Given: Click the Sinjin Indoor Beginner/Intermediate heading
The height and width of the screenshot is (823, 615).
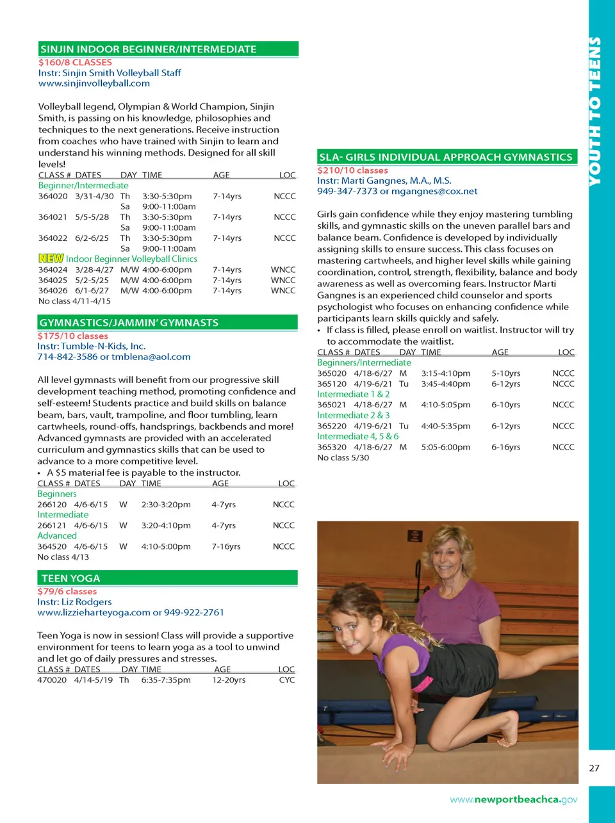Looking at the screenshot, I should (148, 49).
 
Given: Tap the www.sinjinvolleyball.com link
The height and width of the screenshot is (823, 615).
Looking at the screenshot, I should (94, 83).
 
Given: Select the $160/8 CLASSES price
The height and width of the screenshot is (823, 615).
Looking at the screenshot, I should (75, 63).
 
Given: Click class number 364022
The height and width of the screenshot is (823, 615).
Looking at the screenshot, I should (53, 238).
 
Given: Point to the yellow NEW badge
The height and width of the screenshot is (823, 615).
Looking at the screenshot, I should (51, 259).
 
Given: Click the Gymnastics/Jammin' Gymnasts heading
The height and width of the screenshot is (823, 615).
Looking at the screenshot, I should (129, 323).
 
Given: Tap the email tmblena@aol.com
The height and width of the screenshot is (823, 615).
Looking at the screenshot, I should (151, 357).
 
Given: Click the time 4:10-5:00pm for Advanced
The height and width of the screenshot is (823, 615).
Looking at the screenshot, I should (166, 546).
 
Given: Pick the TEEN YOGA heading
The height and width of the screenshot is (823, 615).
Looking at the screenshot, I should (70, 578).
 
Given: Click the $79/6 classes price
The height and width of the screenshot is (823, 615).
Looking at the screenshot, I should (67, 592).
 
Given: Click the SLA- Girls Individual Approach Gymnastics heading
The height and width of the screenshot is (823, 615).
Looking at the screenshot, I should (445, 157).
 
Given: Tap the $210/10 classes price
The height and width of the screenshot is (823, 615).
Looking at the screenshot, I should (352, 170).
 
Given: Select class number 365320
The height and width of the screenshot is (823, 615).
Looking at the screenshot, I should (332, 447).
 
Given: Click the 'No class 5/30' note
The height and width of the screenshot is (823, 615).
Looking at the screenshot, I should (343, 458).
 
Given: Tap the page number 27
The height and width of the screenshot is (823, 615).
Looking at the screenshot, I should (594, 769).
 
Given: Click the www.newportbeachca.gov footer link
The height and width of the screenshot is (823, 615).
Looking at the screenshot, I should (513, 799).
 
